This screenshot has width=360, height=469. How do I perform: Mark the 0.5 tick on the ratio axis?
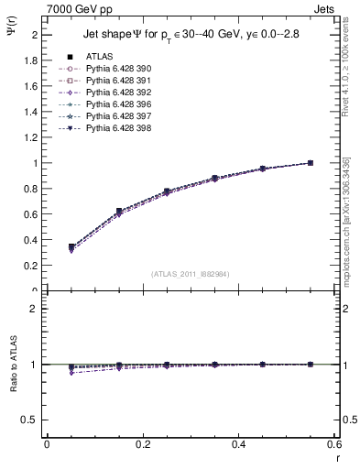tap(31, 420)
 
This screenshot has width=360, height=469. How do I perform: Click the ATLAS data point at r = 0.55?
tap(310, 163)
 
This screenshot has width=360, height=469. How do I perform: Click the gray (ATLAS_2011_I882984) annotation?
tap(191, 273)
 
